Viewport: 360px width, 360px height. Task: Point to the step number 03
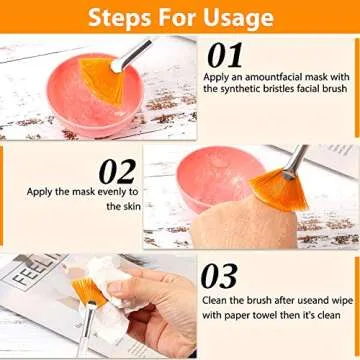coord(220,276)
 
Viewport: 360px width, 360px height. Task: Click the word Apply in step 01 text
coord(216,77)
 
